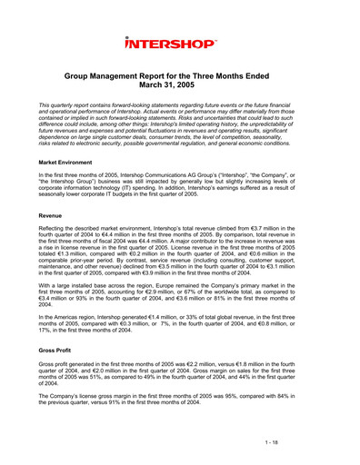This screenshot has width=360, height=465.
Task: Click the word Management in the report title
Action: [x=153, y=80]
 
